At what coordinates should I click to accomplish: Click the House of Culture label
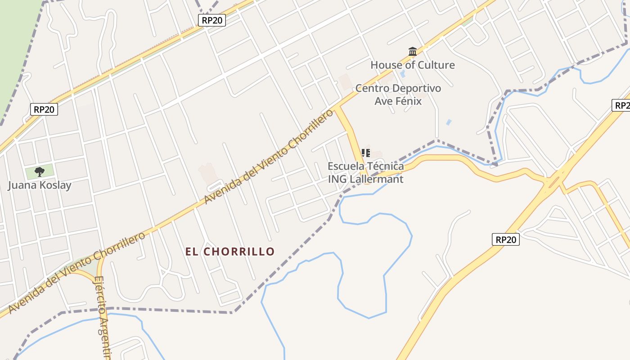tap(412, 65)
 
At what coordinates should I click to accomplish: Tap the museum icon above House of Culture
tap(412, 51)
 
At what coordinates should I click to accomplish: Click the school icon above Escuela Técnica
tap(366, 153)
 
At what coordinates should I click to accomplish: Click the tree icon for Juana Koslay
tap(40, 171)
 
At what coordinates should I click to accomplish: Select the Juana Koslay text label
tap(40, 185)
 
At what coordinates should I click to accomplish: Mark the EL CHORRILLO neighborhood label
tap(230, 252)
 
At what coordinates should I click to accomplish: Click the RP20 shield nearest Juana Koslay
tap(45, 109)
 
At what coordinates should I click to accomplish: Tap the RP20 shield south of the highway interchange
tap(506, 239)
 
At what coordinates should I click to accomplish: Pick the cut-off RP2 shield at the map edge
tap(621, 105)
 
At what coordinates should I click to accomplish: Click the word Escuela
tap(344, 166)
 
